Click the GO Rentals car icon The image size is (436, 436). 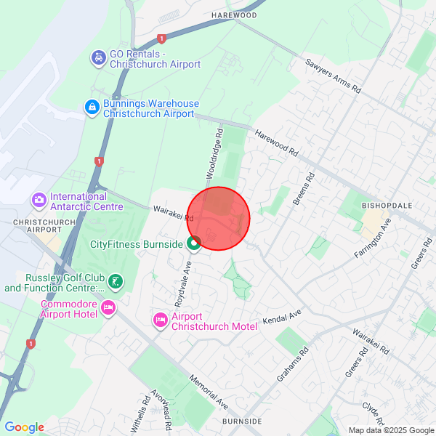[98, 57]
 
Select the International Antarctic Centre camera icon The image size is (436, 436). [39, 199]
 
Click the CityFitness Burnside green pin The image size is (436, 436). [194, 243]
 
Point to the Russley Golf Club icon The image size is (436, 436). [114, 281]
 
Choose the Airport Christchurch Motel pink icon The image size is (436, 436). [160, 320]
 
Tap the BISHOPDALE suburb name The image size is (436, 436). [387, 206]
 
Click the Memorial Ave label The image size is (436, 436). [209, 390]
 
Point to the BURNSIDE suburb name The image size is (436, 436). [242, 421]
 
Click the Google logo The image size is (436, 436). [24, 427]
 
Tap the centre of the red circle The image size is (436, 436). [219, 218]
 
